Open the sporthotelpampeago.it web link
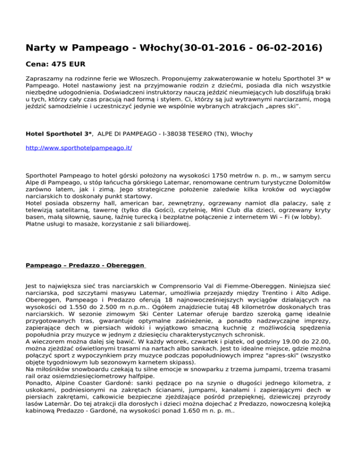(79, 148)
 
